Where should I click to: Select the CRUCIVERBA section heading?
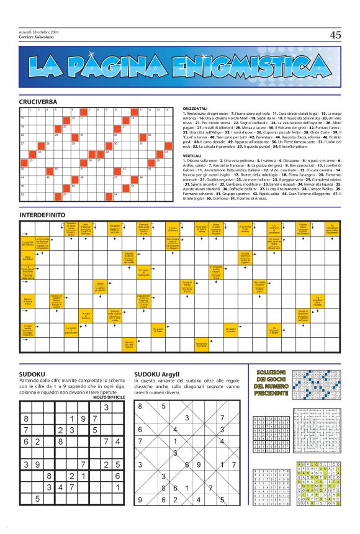pyautogui.click(x=38, y=101)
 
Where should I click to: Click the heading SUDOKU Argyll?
pyautogui.click(x=156, y=374)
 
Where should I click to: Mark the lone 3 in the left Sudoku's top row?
pyautogui.click(x=106, y=407)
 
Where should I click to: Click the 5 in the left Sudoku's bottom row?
pyautogui.click(x=38, y=515)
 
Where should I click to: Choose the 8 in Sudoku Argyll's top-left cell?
pyautogui.click(x=140, y=406)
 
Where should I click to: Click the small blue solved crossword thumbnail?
pyautogui.click(x=315, y=386)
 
